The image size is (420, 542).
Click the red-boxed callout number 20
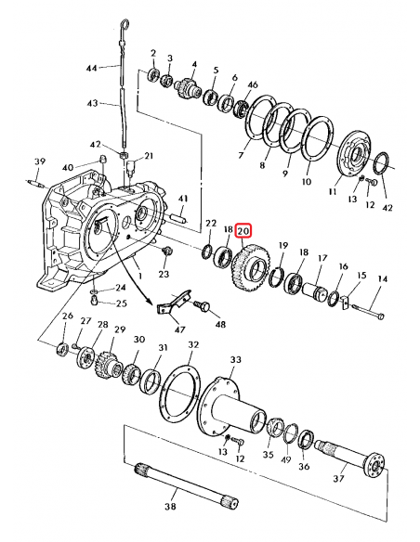pos(244,229)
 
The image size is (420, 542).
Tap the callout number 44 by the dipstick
pos(92,69)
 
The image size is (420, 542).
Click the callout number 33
pos(235,359)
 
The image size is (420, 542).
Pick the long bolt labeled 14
pos(363,308)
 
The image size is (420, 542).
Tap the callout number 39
pos(39,162)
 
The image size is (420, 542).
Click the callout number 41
pos(183,199)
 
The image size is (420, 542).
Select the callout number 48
pos(220,324)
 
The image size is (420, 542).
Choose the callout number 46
pos(253,85)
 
